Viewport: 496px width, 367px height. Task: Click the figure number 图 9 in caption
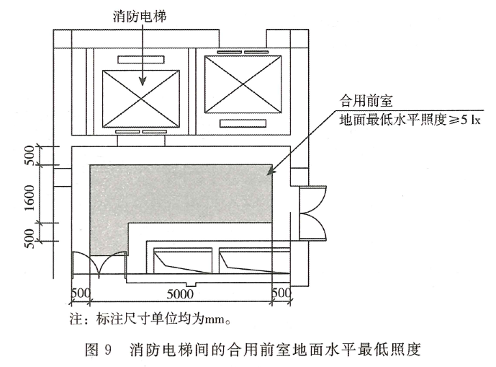[x=99, y=351]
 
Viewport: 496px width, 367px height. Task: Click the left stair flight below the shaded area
[x=183, y=260]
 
